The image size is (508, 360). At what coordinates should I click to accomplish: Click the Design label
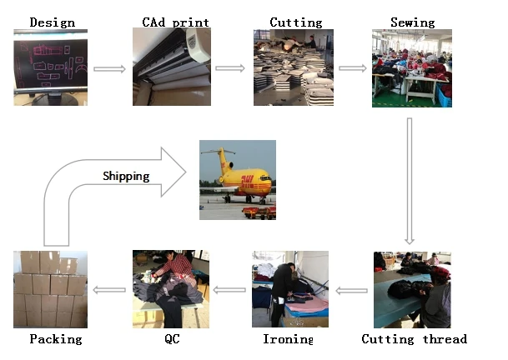click(x=52, y=22)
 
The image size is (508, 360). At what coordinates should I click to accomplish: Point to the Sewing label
click(x=413, y=22)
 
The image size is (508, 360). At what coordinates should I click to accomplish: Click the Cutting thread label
click(x=414, y=338)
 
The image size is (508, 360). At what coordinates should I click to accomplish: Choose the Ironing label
click(x=288, y=338)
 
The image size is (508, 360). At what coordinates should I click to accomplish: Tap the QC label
click(x=172, y=338)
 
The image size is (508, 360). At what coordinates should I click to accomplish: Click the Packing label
click(x=56, y=338)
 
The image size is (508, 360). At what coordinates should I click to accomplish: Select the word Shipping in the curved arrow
click(x=126, y=176)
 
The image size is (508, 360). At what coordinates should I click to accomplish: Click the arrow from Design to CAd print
click(x=108, y=68)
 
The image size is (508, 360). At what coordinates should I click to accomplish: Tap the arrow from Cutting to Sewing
click(x=352, y=68)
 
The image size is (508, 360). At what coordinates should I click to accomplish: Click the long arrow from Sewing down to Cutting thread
click(x=410, y=180)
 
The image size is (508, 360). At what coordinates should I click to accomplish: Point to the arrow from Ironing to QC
click(x=229, y=290)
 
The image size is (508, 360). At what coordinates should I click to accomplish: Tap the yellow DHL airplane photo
click(x=238, y=180)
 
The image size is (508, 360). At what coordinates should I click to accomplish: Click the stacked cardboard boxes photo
click(x=50, y=287)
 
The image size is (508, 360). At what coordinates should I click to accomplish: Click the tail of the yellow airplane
click(x=222, y=158)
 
